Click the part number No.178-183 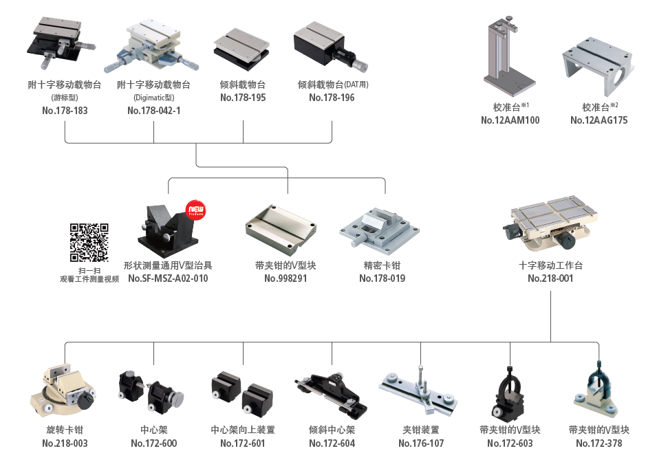pos(65,110)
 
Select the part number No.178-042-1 pos(153,110)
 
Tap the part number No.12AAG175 pos(599,120)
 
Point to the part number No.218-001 pos(550,278)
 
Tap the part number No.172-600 pos(153,443)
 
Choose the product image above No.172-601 pos(241,392)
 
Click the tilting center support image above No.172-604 pos(330,392)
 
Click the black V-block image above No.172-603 pos(510,393)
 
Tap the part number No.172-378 pos(599,443)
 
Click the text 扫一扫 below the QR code pos(89,270)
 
